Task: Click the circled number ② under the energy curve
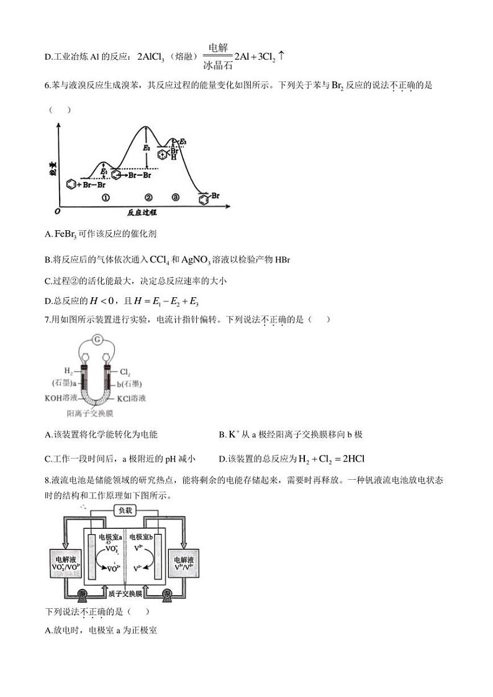[148, 197]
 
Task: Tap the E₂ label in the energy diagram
[147, 148]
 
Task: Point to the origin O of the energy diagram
[57, 211]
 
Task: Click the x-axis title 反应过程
[142, 212]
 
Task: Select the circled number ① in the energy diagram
[106, 197]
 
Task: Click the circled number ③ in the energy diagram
[176, 197]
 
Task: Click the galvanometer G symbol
[97, 339]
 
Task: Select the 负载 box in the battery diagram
[125, 510]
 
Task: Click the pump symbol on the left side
[84, 596]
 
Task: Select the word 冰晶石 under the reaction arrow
[217, 65]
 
